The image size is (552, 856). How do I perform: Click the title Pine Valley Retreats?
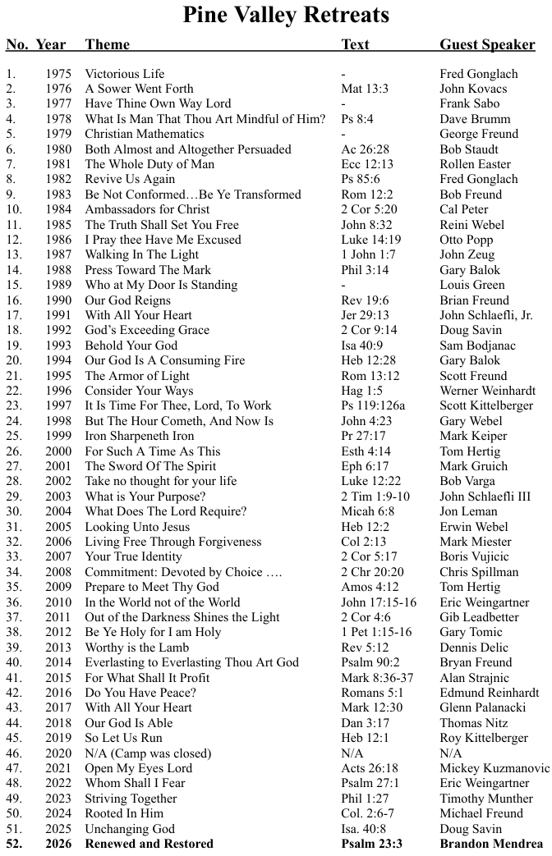(285, 15)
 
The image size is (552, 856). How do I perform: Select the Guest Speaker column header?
(487, 44)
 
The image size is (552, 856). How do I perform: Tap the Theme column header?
(108, 44)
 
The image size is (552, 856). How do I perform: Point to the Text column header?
(355, 44)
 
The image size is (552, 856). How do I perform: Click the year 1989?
(59, 285)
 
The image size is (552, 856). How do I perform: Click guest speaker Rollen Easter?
(475, 164)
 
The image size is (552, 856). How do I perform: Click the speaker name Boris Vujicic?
(474, 556)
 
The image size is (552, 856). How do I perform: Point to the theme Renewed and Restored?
(149, 844)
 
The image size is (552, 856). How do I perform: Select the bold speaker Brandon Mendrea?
(490, 844)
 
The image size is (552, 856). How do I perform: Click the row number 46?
(13, 753)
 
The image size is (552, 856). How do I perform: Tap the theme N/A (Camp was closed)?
(148, 753)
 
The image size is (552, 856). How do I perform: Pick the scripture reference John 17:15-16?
(379, 602)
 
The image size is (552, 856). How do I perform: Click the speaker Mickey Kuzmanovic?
(494, 768)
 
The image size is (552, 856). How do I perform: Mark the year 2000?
(59, 451)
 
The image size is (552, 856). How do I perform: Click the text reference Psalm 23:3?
(371, 844)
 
